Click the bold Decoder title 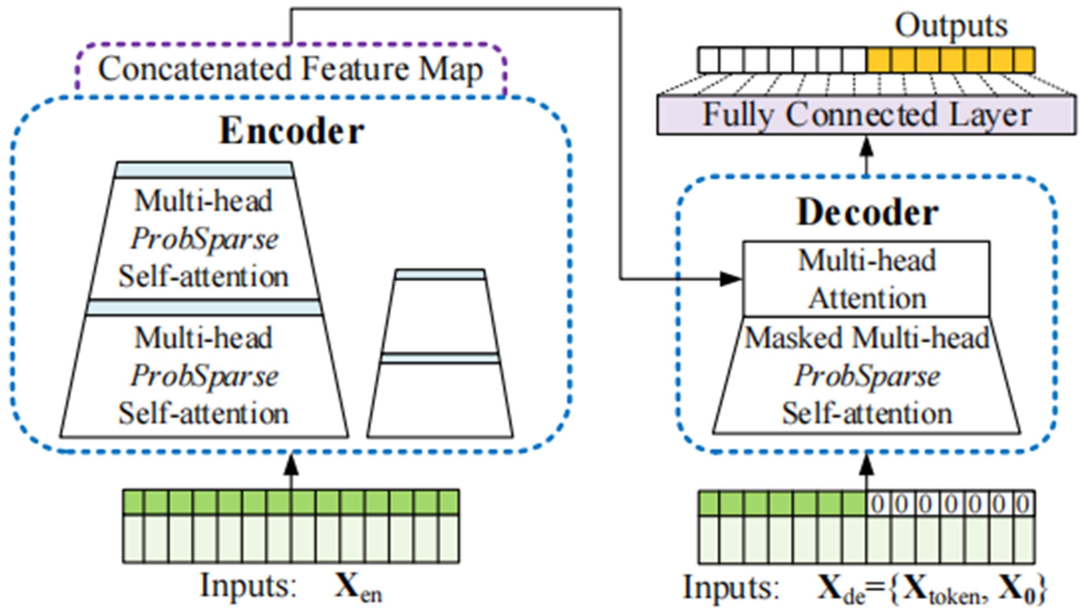tap(867, 213)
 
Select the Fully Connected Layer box tap(867, 115)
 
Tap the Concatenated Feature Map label tap(290, 69)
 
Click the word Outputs tap(951, 26)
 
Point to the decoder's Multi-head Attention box tap(867, 279)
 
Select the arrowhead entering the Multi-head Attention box tap(730, 279)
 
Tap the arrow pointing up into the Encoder tap(292, 470)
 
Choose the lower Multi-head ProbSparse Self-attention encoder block tap(204, 376)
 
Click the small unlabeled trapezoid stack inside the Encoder tap(440, 357)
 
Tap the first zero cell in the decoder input tap(878, 503)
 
